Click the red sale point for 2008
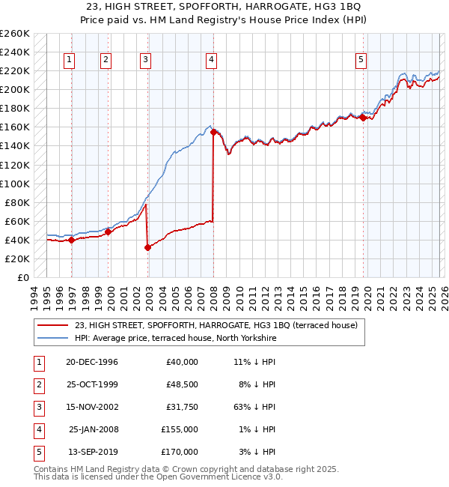(214, 132)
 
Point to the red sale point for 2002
(147, 247)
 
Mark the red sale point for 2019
(363, 118)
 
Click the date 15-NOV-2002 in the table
(92, 407)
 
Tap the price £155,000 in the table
(180, 429)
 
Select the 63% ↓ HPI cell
(254, 407)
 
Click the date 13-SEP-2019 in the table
(92, 452)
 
